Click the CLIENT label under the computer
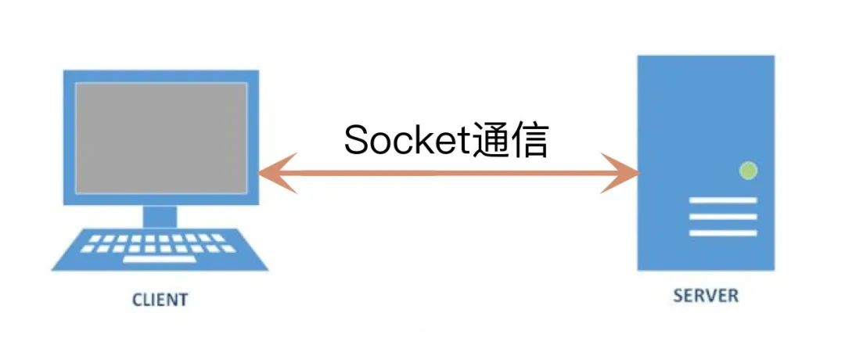160,300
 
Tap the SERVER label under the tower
706,296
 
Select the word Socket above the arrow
408,141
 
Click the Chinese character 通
493,141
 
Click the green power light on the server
748,170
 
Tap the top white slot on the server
723,200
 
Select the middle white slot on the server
723,217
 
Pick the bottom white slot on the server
723,232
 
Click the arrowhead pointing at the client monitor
274,173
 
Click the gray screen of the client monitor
161,138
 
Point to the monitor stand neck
160,215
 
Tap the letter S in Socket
357,141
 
